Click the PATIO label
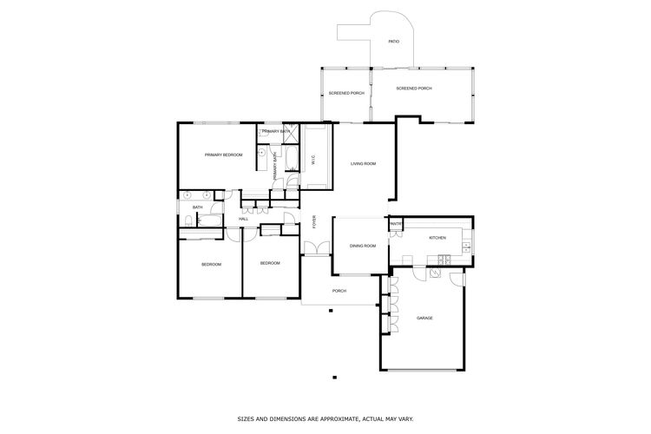(x=394, y=41)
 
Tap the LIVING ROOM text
(x=363, y=163)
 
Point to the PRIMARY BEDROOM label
(x=223, y=155)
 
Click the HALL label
(x=244, y=219)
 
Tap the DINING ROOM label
(x=363, y=246)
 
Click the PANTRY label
(x=396, y=223)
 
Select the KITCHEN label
(x=437, y=238)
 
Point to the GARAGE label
(x=424, y=318)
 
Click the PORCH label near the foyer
(x=339, y=291)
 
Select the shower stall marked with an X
(x=293, y=133)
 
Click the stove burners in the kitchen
(x=444, y=258)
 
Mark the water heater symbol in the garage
(x=456, y=278)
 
